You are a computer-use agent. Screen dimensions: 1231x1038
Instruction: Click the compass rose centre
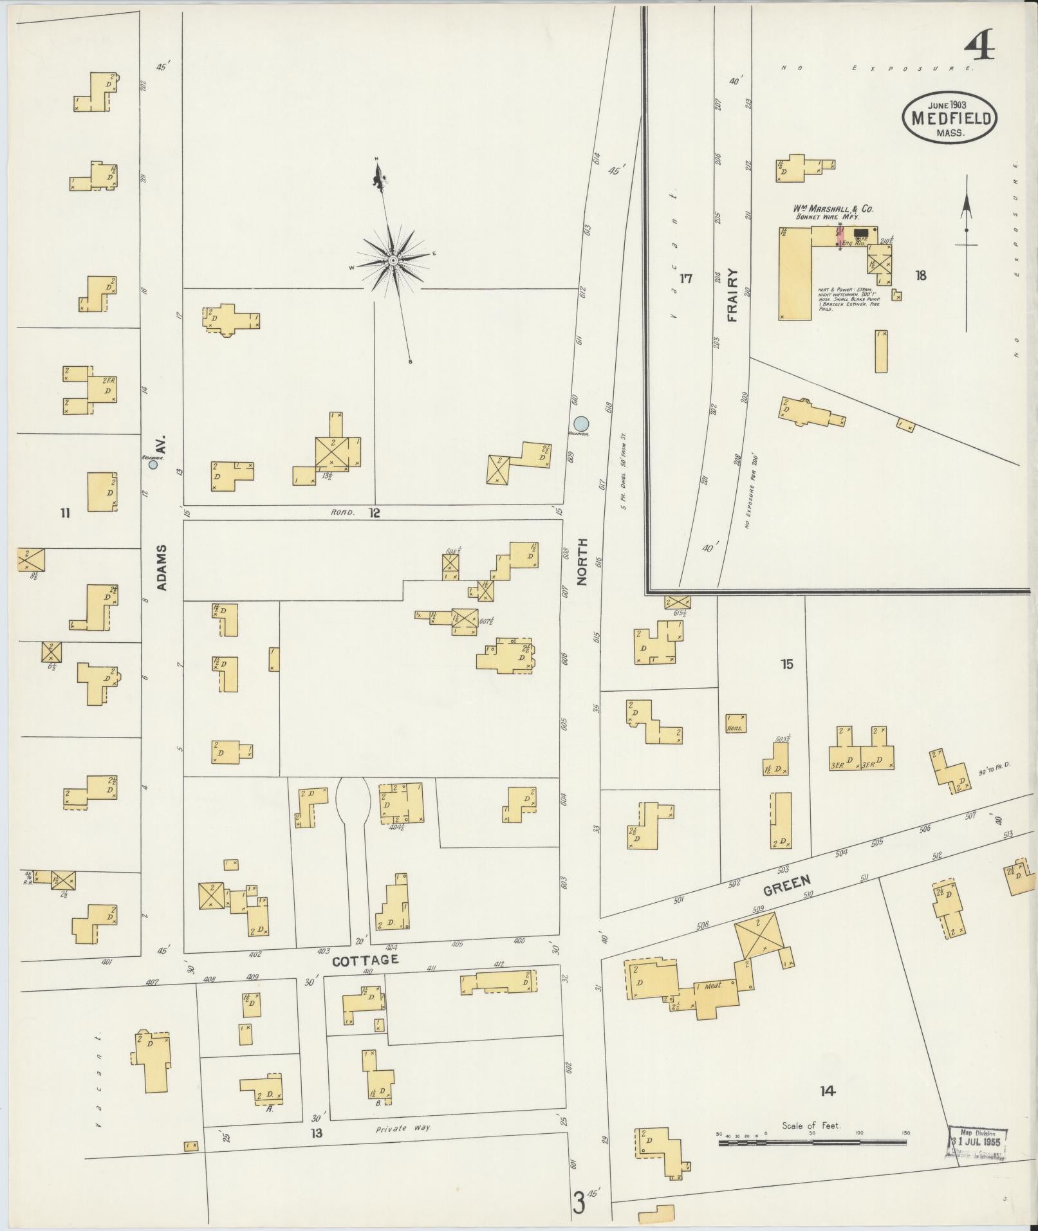[392, 260]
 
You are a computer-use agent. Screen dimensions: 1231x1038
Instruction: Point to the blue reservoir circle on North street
[581, 423]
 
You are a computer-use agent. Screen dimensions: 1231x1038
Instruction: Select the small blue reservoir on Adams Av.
[153, 464]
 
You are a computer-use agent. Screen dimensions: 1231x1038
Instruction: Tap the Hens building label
[735, 728]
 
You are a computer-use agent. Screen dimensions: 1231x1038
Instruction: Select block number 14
[828, 1091]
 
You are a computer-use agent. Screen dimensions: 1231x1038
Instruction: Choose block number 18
[920, 275]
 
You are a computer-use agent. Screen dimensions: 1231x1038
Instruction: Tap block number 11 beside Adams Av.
[64, 513]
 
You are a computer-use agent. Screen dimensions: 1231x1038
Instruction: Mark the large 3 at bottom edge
[579, 1202]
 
